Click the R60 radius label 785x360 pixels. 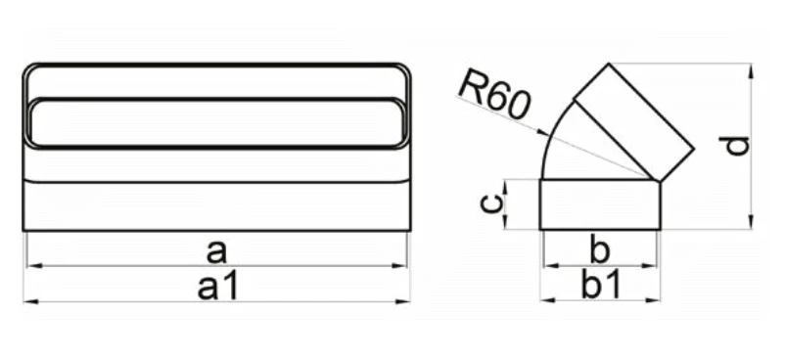493,96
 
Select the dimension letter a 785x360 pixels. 216,251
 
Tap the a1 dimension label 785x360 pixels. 216,288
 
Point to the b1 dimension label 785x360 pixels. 601,285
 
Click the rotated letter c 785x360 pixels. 493,203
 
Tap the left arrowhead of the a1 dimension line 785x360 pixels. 31,301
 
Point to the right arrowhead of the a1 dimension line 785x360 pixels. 402,301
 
